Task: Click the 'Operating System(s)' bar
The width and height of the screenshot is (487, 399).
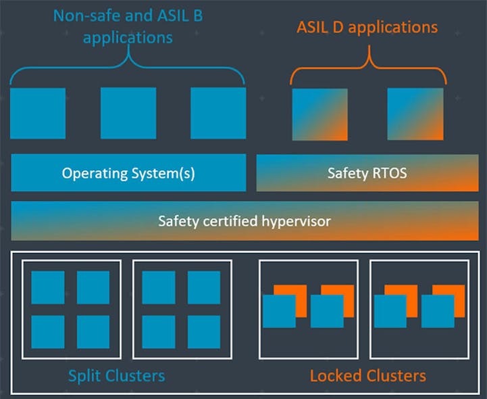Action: (x=128, y=173)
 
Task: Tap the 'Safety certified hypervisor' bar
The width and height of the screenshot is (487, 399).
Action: (x=244, y=220)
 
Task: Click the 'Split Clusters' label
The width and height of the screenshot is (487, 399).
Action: (x=117, y=375)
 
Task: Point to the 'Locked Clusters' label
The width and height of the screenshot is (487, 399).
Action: (x=367, y=375)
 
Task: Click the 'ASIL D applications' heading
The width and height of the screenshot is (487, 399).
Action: (x=367, y=28)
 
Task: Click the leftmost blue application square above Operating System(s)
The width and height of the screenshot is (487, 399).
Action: (x=38, y=113)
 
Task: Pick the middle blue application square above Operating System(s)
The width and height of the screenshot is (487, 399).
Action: (x=128, y=113)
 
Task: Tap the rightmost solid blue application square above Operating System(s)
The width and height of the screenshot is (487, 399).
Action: (x=218, y=113)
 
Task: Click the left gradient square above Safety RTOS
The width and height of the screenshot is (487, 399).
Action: (x=319, y=113)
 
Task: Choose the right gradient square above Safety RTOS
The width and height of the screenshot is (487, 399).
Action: (x=415, y=113)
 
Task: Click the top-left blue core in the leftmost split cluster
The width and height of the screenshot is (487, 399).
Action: (x=48, y=287)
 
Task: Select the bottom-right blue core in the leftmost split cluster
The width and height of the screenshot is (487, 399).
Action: (x=93, y=331)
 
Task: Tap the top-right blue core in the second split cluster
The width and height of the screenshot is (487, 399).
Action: (x=204, y=287)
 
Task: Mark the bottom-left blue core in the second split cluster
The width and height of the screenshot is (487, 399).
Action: (x=159, y=331)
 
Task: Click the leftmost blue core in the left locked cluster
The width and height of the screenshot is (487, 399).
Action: (x=279, y=311)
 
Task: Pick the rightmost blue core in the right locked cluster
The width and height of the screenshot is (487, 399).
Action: (x=438, y=311)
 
